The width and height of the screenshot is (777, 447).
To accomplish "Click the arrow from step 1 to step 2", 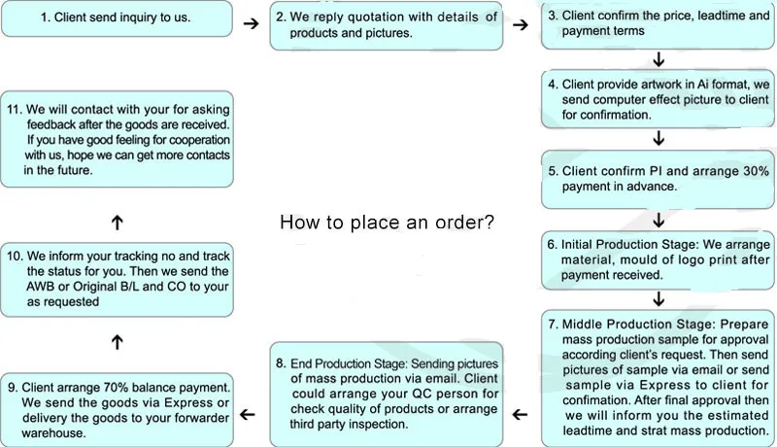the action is pyautogui.click(x=252, y=23).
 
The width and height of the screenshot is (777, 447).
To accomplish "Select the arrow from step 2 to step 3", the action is pyautogui.click(x=521, y=24).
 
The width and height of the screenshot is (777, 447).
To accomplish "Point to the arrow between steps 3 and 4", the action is pyautogui.click(x=659, y=59).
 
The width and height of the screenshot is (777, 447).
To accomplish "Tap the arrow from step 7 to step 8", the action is pyautogui.click(x=520, y=414).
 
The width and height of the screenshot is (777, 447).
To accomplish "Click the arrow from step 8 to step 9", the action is pyautogui.click(x=248, y=414).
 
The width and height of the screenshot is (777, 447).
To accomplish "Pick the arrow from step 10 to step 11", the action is pyautogui.click(x=117, y=223).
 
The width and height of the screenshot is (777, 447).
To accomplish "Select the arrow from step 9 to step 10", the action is pyautogui.click(x=117, y=342).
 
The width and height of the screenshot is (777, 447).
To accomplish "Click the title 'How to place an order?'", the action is pyautogui.click(x=387, y=222).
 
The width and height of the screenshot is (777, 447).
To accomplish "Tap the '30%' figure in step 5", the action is pyautogui.click(x=756, y=171).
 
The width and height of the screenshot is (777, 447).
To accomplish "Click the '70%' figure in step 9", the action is pyautogui.click(x=116, y=387).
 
